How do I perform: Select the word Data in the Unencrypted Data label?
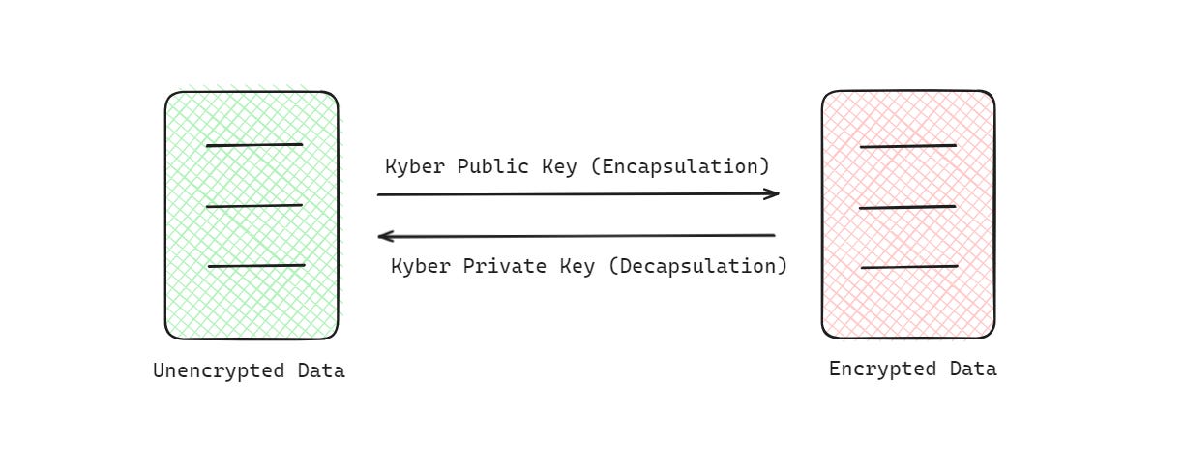321,371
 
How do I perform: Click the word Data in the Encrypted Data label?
973,369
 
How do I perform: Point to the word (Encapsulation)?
679,166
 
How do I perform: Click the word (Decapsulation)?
697,266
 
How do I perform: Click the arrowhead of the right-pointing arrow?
772,193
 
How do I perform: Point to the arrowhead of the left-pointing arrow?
384,235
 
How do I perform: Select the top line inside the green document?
254,145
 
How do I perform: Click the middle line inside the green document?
254,205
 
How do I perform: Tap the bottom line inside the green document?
256,265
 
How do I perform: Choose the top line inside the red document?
907,146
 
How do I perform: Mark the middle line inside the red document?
907,207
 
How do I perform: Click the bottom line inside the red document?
909,266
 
